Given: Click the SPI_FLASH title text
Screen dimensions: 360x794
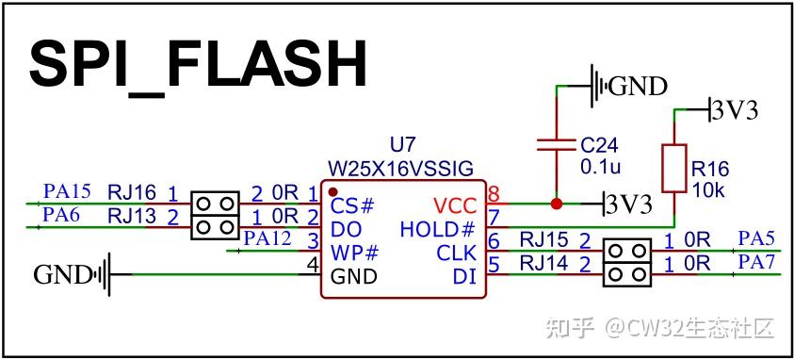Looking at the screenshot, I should pos(198,64).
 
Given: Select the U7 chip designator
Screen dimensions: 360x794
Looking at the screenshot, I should pos(402,145).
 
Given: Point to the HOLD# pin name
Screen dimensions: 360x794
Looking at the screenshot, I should pos(437,229).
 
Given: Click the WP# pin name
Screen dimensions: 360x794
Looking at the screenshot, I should pos(354,253).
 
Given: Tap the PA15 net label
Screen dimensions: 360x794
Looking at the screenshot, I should pos(67,191).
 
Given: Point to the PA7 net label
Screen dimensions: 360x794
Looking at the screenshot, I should pos(756,262).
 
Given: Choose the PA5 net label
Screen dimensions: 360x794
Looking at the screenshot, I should pos(756,238).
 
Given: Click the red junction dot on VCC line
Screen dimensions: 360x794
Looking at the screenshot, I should pos(556,203).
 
